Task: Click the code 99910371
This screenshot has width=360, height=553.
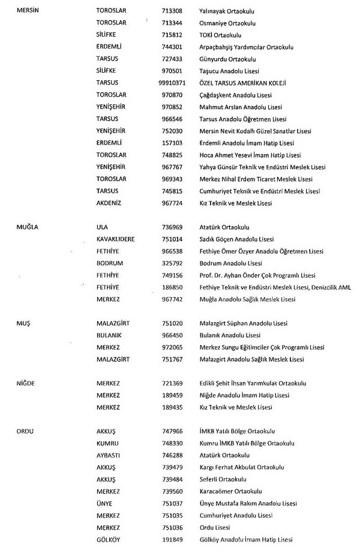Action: click(172, 82)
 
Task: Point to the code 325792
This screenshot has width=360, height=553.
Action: click(172, 263)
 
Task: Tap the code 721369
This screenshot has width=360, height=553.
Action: click(172, 383)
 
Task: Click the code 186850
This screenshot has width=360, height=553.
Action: click(172, 287)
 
